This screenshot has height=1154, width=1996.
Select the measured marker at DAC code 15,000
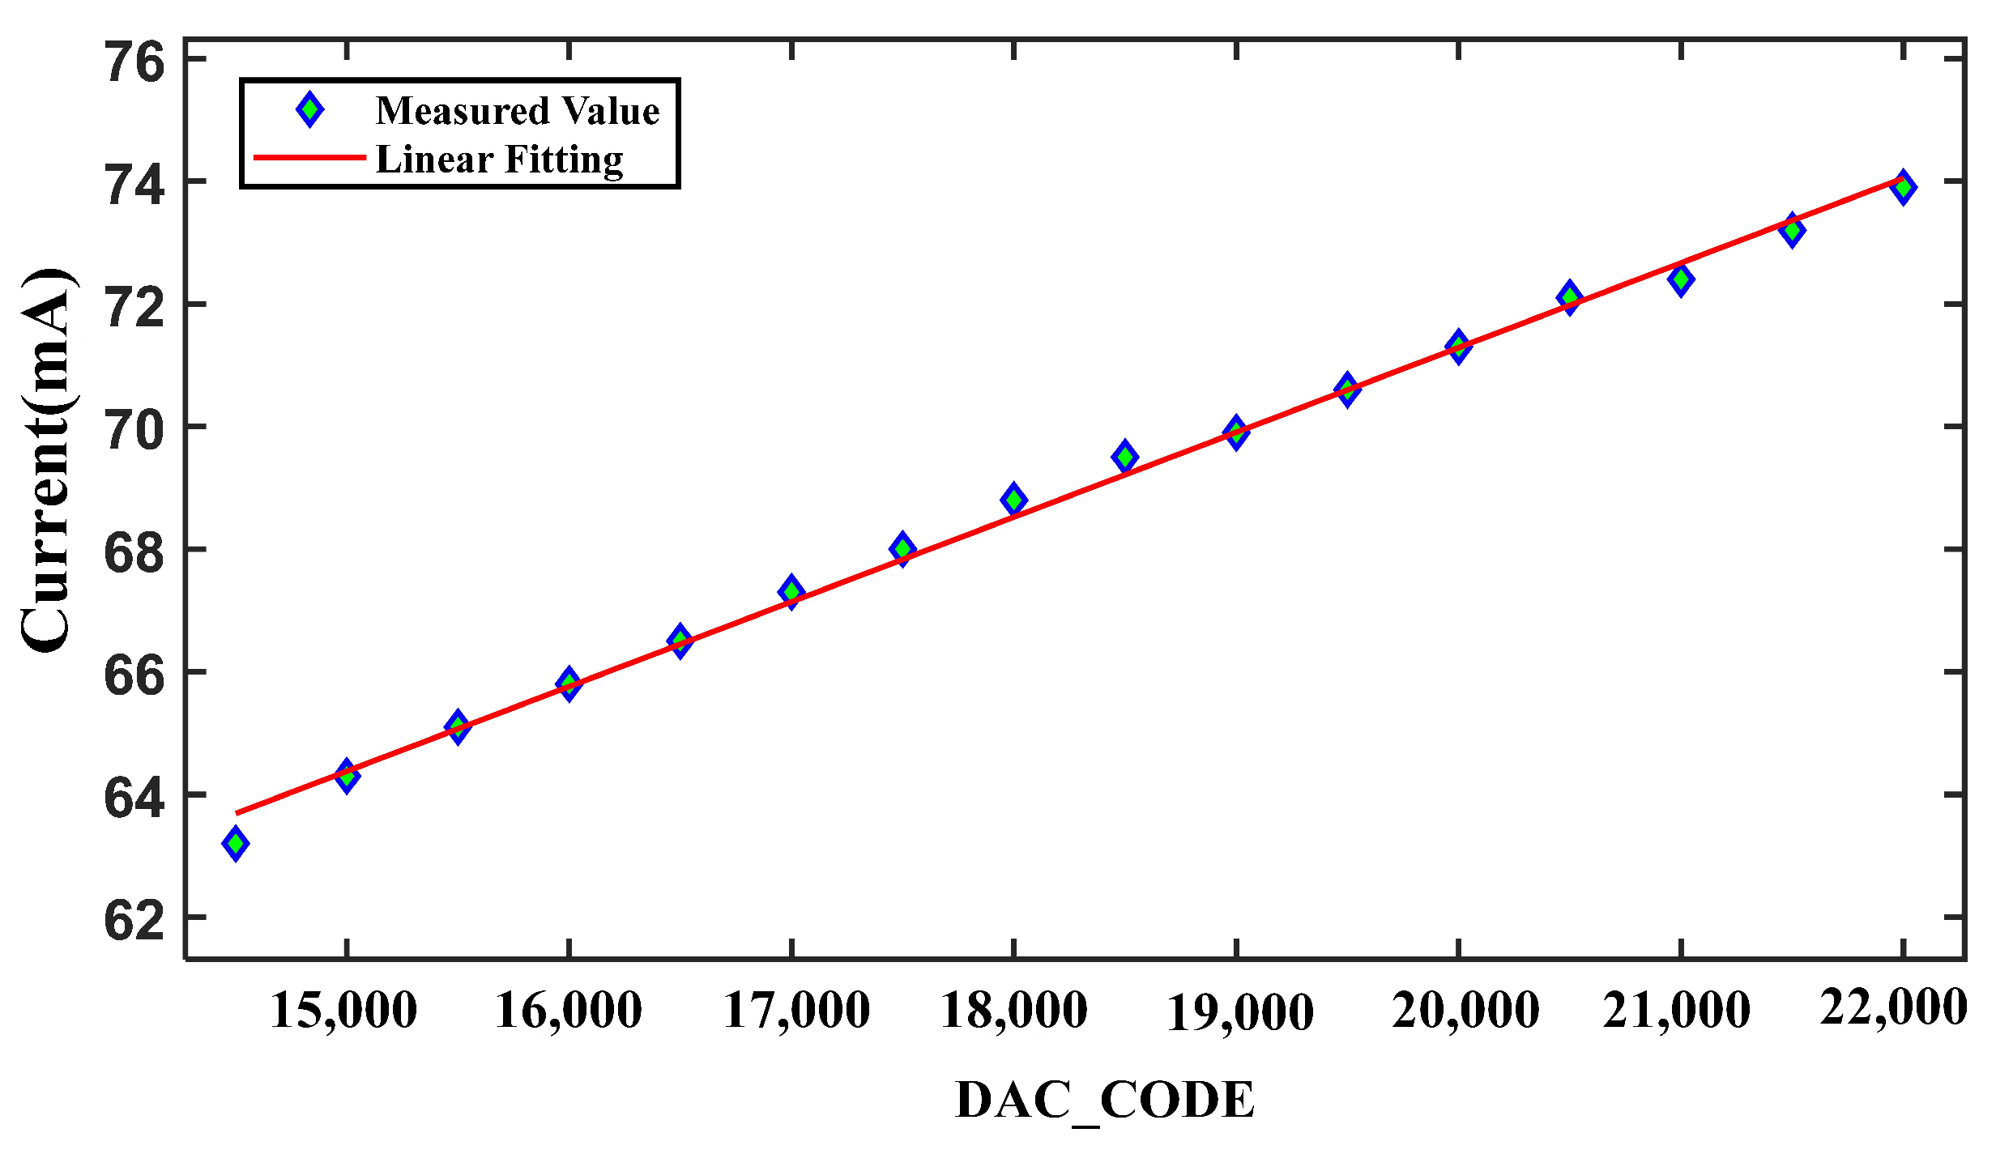point(347,776)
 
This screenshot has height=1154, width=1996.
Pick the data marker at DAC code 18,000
point(1013,500)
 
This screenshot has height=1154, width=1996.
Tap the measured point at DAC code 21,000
point(1681,280)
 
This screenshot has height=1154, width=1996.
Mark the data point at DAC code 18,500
point(1124,457)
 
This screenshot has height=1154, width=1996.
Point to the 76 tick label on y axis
point(134,63)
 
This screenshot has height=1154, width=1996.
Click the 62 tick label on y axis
point(134,921)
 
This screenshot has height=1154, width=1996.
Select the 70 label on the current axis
point(134,430)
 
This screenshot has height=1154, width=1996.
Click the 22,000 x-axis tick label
point(1893,1008)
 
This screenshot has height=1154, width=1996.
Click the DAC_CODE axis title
point(1105,1101)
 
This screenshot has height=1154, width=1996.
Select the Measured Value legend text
point(518,111)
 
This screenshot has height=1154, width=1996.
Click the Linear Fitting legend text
point(500,160)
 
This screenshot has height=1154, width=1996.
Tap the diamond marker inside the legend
point(309,109)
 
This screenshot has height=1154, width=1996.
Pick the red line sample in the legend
point(309,157)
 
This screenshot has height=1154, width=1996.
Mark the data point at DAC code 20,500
point(1569,297)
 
